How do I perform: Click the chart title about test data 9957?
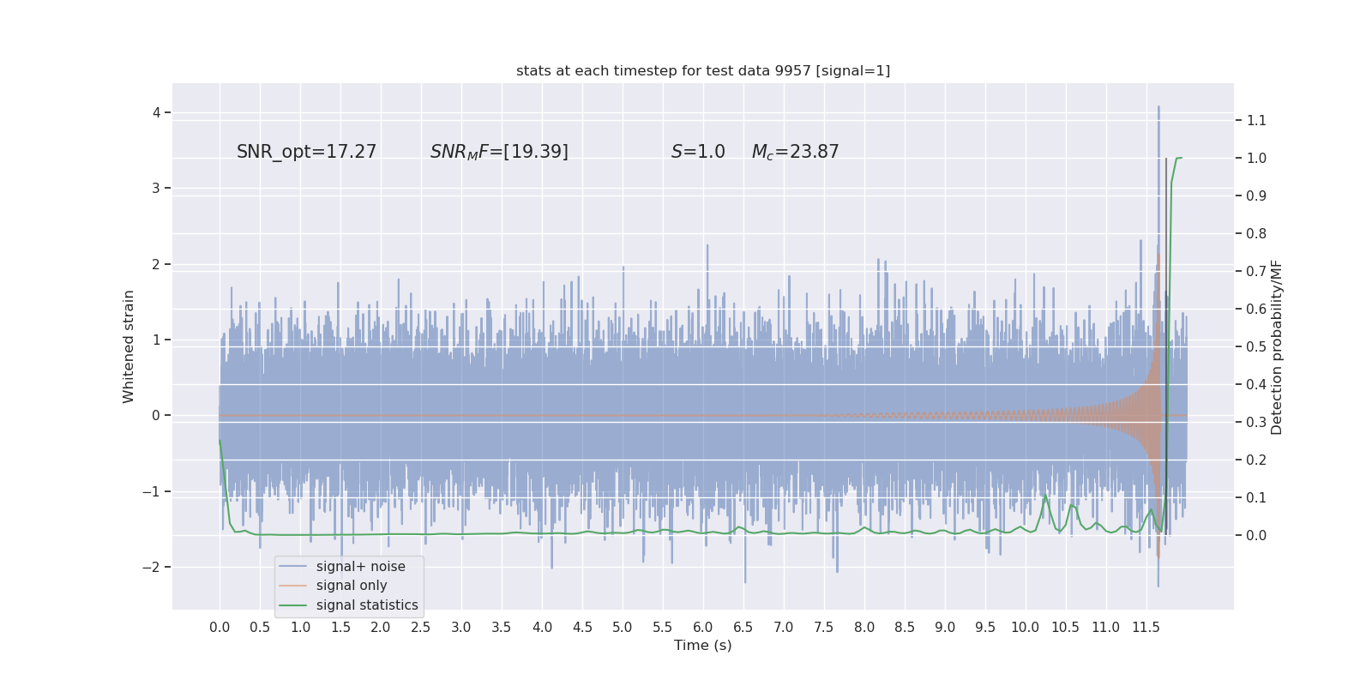tap(703, 71)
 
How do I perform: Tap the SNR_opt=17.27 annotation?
tap(306, 152)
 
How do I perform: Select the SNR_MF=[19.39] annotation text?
tap(499, 152)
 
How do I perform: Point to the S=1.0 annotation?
tap(698, 152)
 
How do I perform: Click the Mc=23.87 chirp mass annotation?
tap(795, 152)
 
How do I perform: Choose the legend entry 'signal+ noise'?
tap(360, 567)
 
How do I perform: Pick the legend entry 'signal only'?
tap(352, 586)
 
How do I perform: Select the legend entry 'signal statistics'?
tap(367, 605)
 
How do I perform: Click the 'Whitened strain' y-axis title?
tap(129, 346)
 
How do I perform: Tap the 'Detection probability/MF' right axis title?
tap(1277, 346)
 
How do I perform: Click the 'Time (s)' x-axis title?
tap(703, 646)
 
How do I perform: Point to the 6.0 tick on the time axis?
tap(703, 628)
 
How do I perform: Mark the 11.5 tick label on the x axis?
tap(1146, 628)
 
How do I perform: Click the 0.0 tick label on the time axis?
tap(220, 628)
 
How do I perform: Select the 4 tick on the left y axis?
tap(157, 112)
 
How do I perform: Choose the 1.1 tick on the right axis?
tap(1256, 120)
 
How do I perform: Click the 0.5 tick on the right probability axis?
tap(1256, 346)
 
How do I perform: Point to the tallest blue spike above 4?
tap(1158, 109)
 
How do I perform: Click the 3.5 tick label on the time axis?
tap(502, 628)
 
